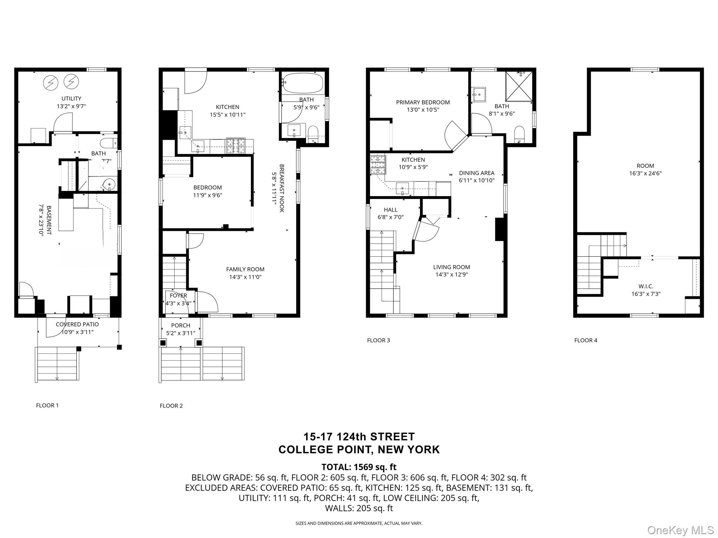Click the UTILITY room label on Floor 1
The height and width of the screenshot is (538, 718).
click(x=71, y=99)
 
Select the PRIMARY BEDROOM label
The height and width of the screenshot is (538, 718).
click(x=423, y=102)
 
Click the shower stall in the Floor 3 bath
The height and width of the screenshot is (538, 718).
click(x=519, y=86)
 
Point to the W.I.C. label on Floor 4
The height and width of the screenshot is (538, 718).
click(x=645, y=286)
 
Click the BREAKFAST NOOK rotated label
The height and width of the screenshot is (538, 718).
click(x=282, y=188)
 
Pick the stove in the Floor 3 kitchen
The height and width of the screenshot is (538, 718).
click(x=378, y=165)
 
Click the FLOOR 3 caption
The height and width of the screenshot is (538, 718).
click(x=378, y=340)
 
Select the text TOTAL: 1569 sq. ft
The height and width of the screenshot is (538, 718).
click(x=359, y=467)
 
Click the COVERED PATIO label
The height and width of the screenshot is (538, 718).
click(x=77, y=324)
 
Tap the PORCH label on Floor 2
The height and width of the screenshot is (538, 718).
click(x=181, y=325)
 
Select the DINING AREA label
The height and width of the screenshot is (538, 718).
click(x=476, y=173)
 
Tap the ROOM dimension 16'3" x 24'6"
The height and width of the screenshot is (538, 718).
click(x=645, y=173)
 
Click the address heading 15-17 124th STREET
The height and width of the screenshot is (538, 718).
click(x=359, y=437)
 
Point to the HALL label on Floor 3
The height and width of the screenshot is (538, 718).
click(x=390, y=210)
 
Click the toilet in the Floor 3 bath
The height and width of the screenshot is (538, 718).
click(x=519, y=134)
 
